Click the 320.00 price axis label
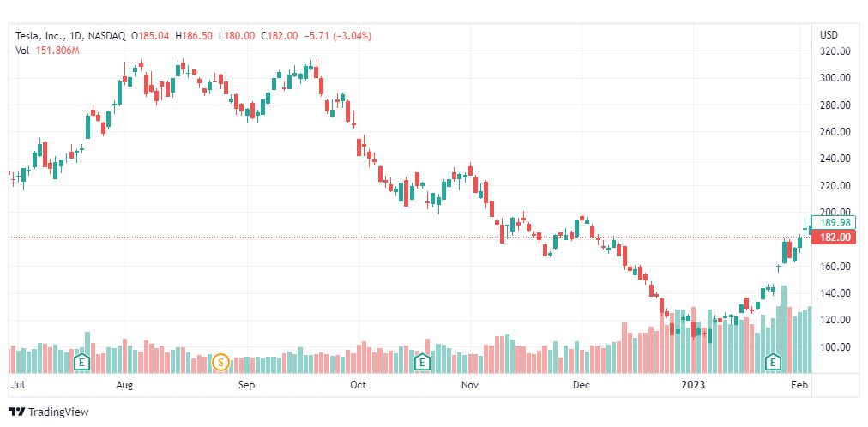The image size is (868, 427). tap(835, 51)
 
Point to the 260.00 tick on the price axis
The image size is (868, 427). tap(835, 132)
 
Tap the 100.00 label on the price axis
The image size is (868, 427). tap(835, 347)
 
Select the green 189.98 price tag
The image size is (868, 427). tap(834, 223)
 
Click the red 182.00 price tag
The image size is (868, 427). tap(834, 237)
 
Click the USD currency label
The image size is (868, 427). tap(829, 35)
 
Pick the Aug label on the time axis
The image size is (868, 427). tap(125, 385)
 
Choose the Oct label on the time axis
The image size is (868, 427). tap(359, 385)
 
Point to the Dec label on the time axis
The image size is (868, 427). tap(582, 385)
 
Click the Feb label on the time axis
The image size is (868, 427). tap(798, 385)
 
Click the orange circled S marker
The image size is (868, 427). tap(220, 362)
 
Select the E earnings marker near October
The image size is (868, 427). tap(422, 362)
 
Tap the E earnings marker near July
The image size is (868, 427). tap(82, 362)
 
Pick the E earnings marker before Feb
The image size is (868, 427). tap(774, 362)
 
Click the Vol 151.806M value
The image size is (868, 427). tap(57, 51)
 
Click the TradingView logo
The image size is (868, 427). tap(49, 412)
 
